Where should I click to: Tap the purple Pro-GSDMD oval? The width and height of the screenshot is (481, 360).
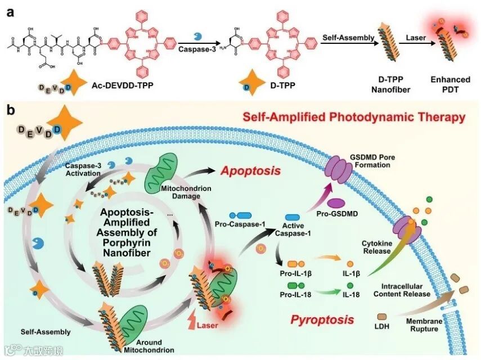[x=336, y=201]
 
